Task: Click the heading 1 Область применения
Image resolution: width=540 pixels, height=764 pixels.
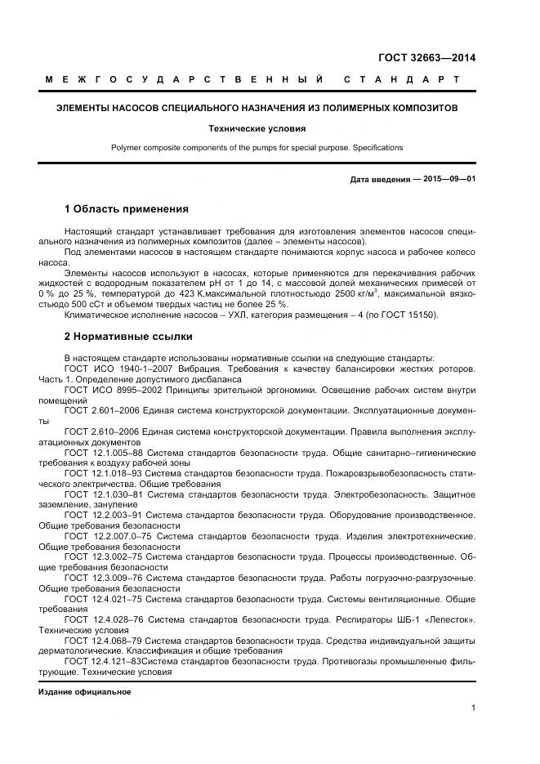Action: click(x=126, y=209)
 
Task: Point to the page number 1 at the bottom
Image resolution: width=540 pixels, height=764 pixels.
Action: click(x=473, y=708)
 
